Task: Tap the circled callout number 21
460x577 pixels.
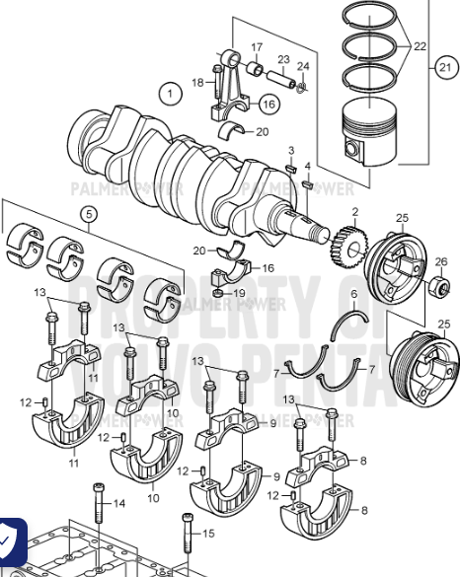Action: [446, 67]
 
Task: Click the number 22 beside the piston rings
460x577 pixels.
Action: [420, 47]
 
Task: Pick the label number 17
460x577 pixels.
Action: [257, 47]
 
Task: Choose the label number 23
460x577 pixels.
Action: [283, 59]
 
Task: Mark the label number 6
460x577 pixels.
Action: [353, 295]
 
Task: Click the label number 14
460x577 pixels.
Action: [119, 503]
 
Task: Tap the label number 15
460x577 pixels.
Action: [207, 534]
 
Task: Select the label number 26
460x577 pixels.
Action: [441, 261]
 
